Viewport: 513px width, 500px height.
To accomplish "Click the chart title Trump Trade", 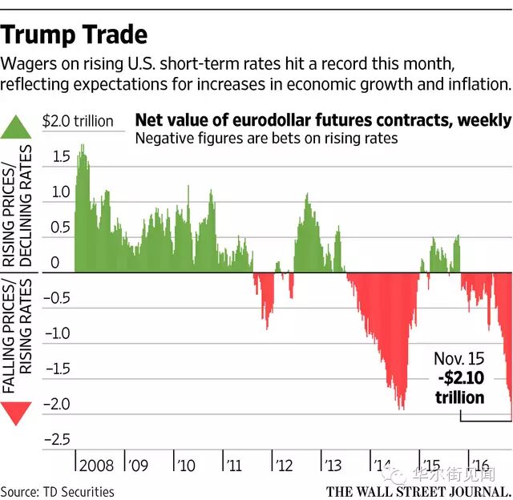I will pos(74,34).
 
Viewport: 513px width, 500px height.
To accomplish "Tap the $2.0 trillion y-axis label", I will pos(78,122).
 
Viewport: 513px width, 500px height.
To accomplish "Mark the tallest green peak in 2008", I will pos(81,147).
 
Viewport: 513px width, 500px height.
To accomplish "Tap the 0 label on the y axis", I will pos(55,263).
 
